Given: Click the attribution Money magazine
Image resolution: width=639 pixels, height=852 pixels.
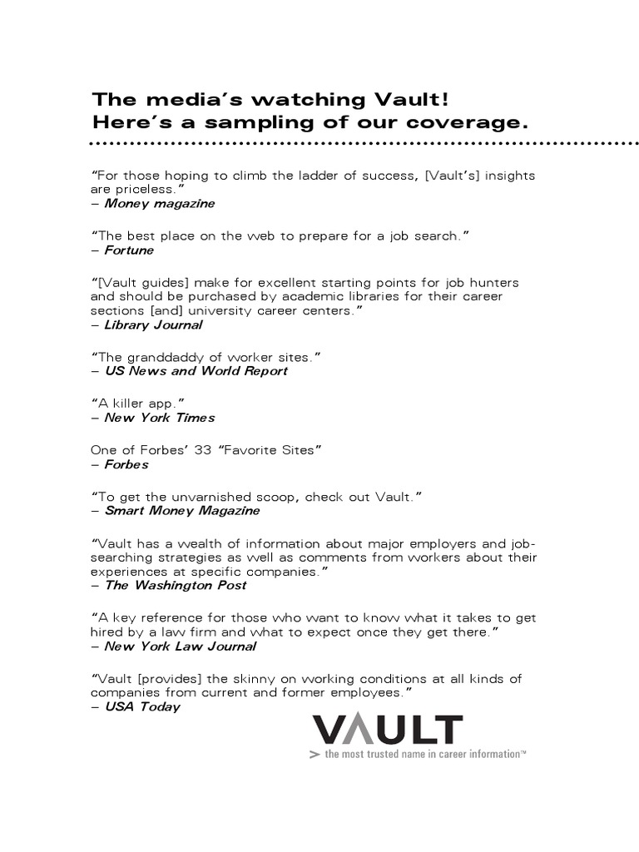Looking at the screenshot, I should tap(159, 204).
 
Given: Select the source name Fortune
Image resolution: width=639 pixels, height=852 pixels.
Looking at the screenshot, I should tap(129, 250).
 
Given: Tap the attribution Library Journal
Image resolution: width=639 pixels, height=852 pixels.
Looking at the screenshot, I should tap(153, 324).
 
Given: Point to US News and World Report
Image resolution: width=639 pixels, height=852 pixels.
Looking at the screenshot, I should tap(196, 371).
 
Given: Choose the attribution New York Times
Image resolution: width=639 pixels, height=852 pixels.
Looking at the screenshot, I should tap(159, 418).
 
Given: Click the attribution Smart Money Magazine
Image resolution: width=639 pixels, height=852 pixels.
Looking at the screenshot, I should tap(181, 511).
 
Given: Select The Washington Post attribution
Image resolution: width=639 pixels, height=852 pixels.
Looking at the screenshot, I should tap(175, 585).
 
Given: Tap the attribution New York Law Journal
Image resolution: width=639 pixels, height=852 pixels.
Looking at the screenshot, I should tap(180, 646).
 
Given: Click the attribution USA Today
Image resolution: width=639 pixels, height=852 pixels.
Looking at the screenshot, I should tap(141, 707).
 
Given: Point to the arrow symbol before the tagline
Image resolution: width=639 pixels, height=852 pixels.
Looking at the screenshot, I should tap(314, 754).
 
